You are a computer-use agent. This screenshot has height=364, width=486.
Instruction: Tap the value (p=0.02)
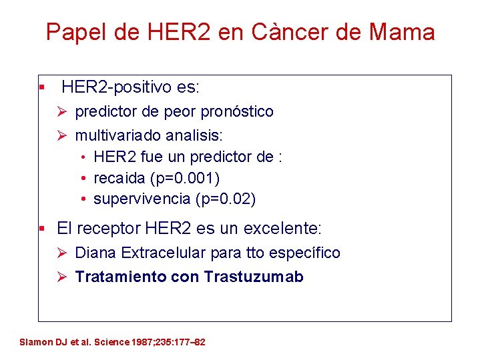coord(226,199)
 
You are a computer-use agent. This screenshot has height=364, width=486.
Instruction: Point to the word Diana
coord(94,253)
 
